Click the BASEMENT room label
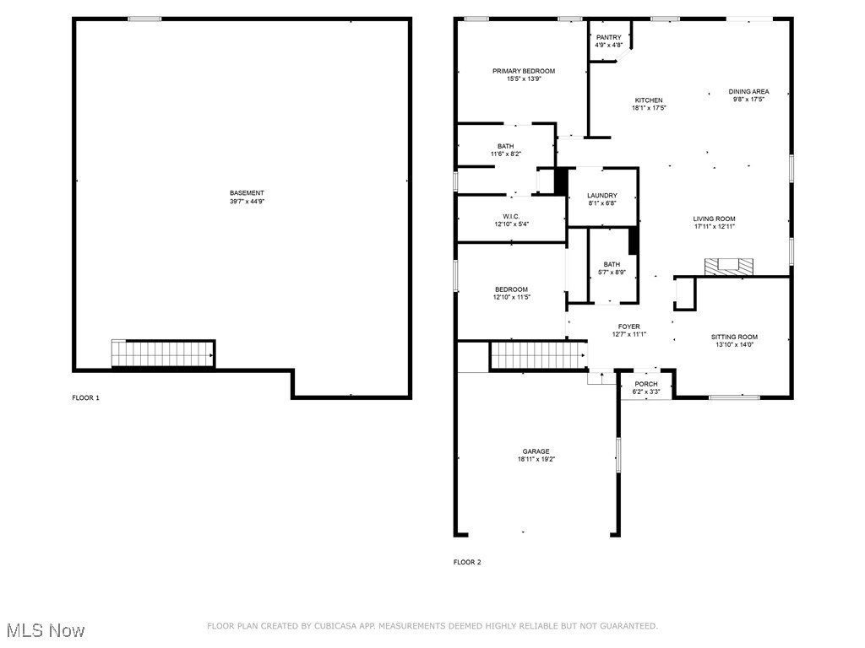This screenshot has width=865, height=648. coord(247,193)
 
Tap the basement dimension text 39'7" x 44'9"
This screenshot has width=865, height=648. coord(247,202)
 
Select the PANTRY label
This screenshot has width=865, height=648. coord(608,37)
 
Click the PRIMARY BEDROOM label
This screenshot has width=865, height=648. coord(524,71)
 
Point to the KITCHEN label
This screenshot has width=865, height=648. coord(649,100)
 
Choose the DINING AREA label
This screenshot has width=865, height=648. coord(749,91)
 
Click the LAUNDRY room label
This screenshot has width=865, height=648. coord(602,196)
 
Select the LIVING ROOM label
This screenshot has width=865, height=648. coord(715,219)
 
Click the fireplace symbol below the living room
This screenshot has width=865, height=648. coord(729,267)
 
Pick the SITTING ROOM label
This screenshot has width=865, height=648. coord(734,337)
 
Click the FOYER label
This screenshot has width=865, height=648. coord(628,327)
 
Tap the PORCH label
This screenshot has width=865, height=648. coord(646,384)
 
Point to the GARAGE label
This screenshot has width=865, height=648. coord(536,451)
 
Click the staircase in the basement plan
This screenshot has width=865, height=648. coord(163,354)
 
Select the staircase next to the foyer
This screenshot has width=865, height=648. coord(538,355)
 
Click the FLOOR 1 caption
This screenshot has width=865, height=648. coord(85,397)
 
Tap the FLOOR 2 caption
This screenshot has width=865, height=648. coord(467,562)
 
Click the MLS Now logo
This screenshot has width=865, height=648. coord(45,630)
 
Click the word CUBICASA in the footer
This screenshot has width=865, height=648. coord(333,626)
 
